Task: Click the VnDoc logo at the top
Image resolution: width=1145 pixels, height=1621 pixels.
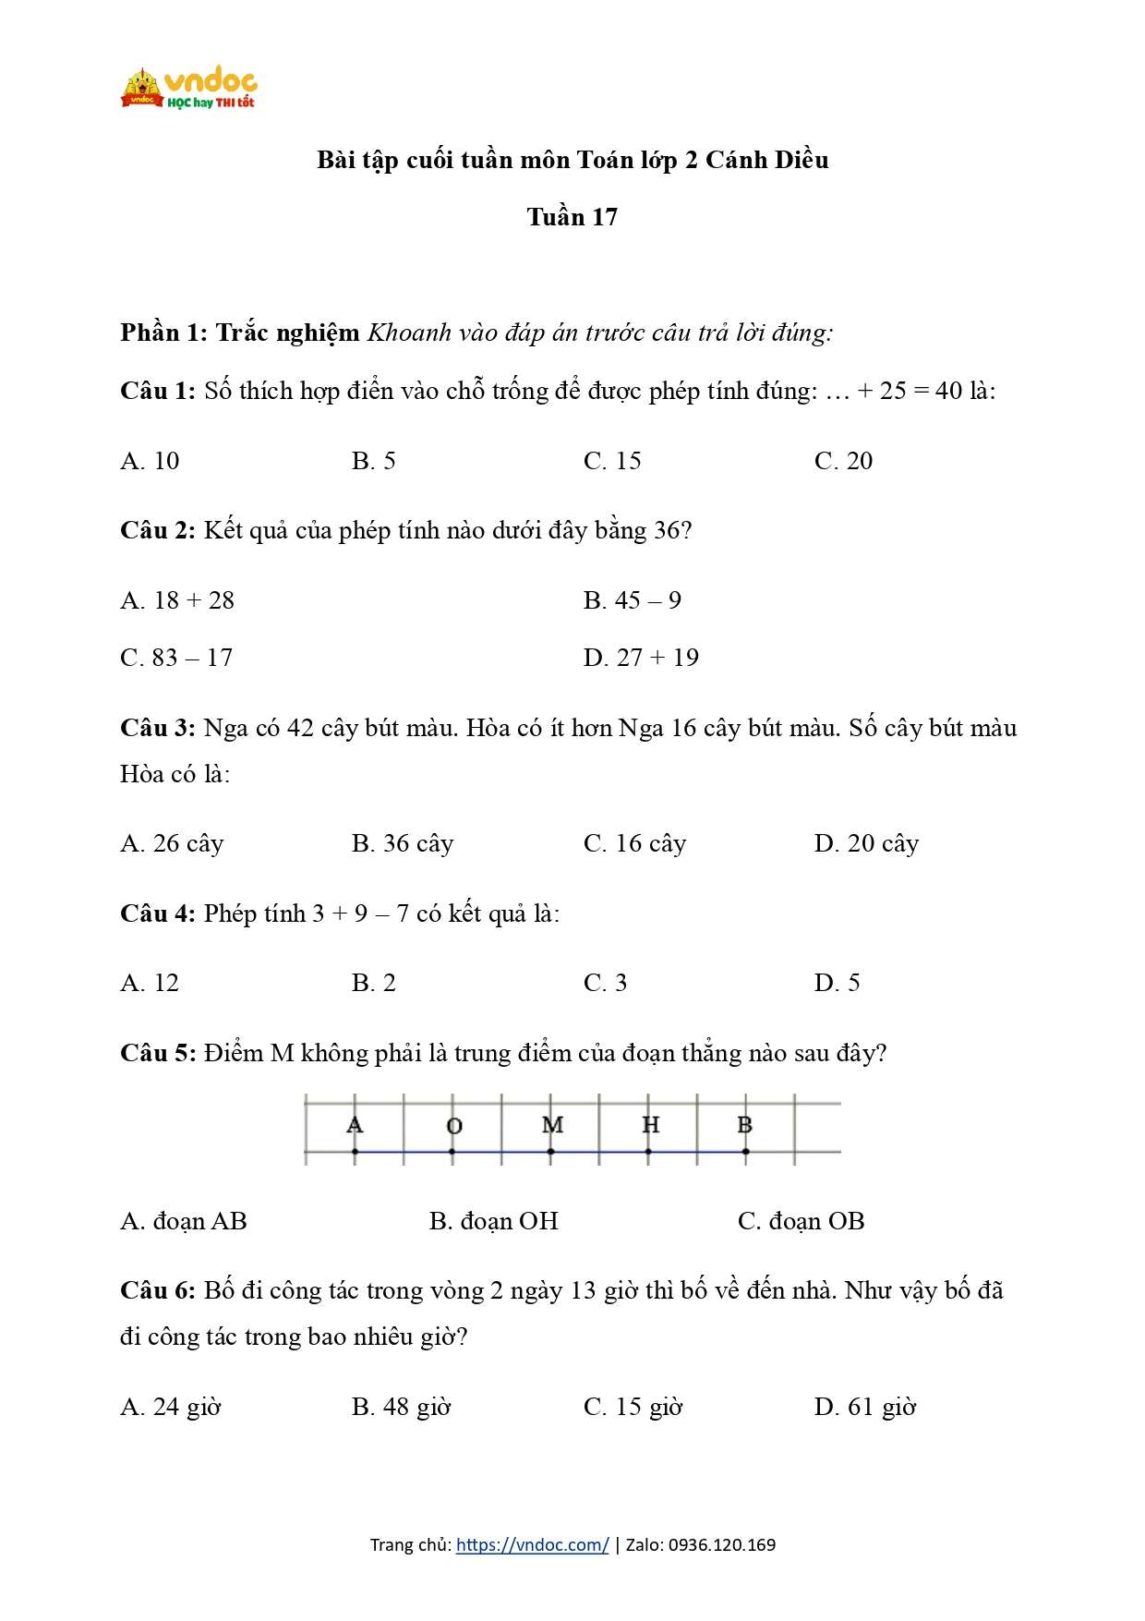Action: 188,88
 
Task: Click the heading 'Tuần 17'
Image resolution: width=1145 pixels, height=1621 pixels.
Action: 572,217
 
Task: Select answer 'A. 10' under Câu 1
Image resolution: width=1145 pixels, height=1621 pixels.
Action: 150,461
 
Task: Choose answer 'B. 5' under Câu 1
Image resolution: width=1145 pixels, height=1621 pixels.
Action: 373,461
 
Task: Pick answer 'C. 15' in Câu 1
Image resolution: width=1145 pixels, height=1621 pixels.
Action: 612,461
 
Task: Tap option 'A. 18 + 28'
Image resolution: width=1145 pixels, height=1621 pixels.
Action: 177,600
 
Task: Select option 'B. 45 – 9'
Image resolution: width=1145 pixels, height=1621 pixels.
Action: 633,600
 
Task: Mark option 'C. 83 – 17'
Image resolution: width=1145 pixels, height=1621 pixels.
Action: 176,658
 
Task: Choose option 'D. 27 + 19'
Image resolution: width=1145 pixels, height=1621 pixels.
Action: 641,658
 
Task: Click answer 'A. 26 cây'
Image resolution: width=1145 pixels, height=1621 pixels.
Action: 172,844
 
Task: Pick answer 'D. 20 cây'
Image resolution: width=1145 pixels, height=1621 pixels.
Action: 866,844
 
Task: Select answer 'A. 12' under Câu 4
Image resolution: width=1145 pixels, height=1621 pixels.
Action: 150,983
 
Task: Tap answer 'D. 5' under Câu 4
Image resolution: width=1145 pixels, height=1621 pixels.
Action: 837,983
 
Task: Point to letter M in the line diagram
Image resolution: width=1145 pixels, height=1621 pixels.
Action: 552,1125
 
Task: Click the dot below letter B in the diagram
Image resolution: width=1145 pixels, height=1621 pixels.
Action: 745,1152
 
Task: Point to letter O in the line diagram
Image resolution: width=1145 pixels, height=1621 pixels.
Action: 453,1126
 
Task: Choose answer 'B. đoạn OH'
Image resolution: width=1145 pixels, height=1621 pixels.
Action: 493,1221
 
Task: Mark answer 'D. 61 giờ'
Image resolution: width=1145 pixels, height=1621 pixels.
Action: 865,1408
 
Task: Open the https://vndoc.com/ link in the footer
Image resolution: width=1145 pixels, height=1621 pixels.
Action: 532,1544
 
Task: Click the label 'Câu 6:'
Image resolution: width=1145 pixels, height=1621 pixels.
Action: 157,1291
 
